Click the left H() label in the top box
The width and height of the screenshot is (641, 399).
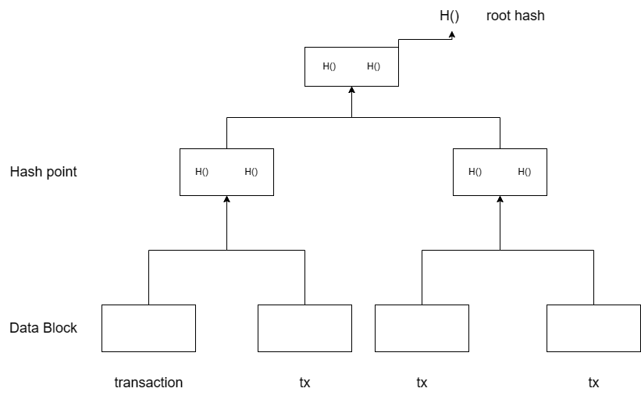(329, 66)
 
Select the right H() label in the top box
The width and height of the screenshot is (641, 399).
(373, 66)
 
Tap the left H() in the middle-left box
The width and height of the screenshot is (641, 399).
(201, 172)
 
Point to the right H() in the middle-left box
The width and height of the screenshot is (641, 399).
(251, 172)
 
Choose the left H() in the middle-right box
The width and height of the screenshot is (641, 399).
(475, 172)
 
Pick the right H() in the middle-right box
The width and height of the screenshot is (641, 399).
(524, 172)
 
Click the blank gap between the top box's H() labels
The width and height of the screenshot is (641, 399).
(351, 66)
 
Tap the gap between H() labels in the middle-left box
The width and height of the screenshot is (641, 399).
(226, 172)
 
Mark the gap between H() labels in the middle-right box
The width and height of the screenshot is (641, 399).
(500, 172)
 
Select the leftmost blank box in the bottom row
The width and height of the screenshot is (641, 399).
(148, 328)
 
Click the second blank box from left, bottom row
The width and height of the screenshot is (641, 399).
(304, 328)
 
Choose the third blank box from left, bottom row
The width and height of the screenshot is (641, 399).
(422, 328)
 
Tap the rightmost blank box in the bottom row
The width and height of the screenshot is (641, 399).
(593, 328)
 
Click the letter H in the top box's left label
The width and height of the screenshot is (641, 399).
(326, 66)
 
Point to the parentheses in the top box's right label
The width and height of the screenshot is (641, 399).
(377, 66)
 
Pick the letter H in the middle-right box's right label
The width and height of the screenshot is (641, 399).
(521, 172)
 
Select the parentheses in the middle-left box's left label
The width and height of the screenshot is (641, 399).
(205, 172)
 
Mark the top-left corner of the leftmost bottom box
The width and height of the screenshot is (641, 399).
(103, 306)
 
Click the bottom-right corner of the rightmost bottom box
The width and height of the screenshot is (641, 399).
(639, 350)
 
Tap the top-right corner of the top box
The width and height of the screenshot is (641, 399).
(397, 48)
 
